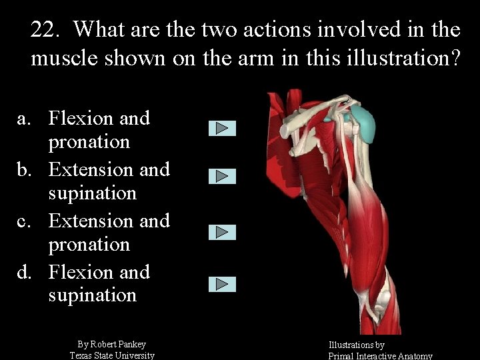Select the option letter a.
click(x=24, y=119)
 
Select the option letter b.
click(x=24, y=170)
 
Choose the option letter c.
click(x=24, y=221)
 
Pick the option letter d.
click(x=24, y=273)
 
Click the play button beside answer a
click(x=222, y=128)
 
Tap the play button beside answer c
click(x=222, y=232)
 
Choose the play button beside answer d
click(x=222, y=284)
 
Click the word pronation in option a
click(x=89, y=142)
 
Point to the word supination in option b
click(x=92, y=193)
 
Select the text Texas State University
click(x=112, y=355)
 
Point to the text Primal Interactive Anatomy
click(x=380, y=356)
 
